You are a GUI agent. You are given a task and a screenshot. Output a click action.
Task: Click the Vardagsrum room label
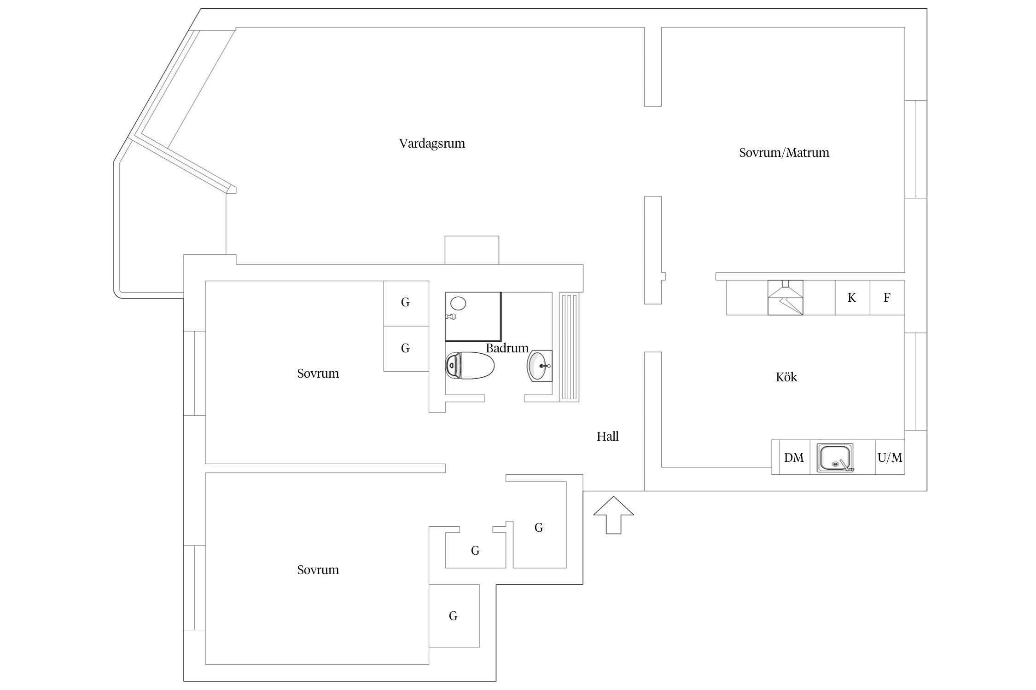click(x=432, y=144)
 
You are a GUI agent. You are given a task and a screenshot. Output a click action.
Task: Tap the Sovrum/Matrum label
click(x=784, y=153)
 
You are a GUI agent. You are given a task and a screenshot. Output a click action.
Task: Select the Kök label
click(x=786, y=377)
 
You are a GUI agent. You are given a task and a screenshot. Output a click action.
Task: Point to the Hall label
click(x=608, y=436)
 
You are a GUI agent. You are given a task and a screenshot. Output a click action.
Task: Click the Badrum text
click(x=507, y=348)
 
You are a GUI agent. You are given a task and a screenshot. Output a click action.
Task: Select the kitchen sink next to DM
click(x=835, y=458)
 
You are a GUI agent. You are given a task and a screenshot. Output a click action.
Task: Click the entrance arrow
click(x=613, y=515)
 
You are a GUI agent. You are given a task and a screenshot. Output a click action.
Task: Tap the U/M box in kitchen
click(x=890, y=457)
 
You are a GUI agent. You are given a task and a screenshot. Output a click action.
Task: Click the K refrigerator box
click(x=852, y=298)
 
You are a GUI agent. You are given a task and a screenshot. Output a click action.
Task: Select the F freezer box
click(x=887, y=298)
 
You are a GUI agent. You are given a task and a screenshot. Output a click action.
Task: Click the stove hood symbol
click(x=786, y=298)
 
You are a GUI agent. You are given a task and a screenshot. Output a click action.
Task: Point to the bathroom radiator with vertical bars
click(x=569, y=347)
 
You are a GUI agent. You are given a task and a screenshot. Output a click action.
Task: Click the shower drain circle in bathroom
click(x=458, y=303)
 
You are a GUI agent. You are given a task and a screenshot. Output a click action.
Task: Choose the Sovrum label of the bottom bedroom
click(x=318, y=570)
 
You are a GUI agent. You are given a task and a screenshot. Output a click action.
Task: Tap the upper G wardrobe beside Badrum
click(x=406, y=303)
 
